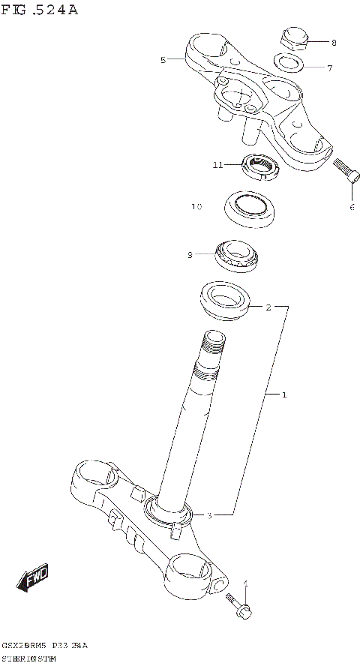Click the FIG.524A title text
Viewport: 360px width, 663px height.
[x=39, y=10]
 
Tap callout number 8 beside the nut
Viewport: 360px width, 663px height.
[x=334, y=43]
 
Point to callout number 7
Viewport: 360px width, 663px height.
[x=329, y=68]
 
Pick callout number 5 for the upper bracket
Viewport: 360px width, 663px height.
[x=163, y=60]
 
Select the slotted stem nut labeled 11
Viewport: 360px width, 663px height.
[x=261, y=167]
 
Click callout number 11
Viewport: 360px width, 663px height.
[x=217, y=165]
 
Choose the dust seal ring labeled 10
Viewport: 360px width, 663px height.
[x=250, y=208]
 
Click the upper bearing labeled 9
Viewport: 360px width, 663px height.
[x=238, y=256]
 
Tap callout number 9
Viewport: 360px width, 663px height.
[x=190, y=255]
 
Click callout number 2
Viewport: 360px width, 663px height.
[x=268, y=307]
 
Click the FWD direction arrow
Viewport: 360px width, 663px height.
[x=33, y=577]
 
